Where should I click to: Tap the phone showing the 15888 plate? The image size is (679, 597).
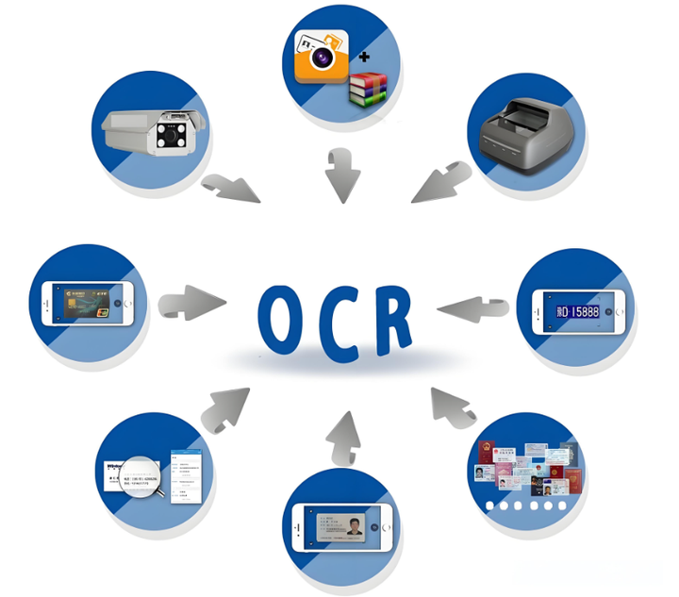click(x=579, y=309)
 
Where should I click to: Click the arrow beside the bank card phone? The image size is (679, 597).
click(x=193, y=303)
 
